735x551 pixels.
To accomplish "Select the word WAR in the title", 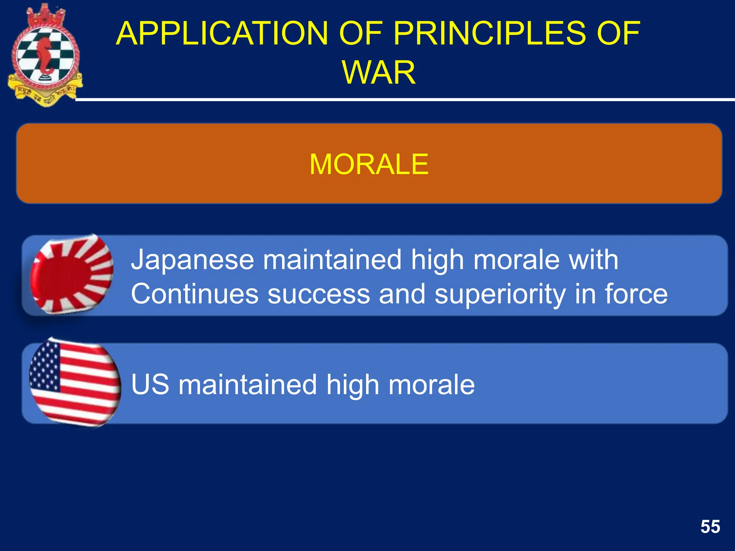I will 379,73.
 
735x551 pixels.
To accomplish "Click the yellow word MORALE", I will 369,164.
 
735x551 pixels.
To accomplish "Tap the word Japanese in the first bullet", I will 192,260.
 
